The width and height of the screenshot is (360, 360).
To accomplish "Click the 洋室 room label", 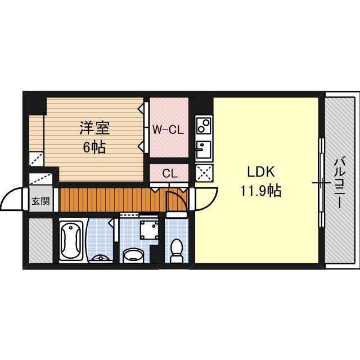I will (x=94, y=128).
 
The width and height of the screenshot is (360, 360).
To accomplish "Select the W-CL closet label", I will (x=168, y=129).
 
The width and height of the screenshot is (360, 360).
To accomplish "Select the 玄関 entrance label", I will (x=40, y=200).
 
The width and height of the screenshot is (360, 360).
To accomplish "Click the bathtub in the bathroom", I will (x=71, y=241).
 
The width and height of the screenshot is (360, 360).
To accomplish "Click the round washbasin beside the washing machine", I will (x=133, y=256).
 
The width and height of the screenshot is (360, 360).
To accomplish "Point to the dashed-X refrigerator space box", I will (x=203, y=172).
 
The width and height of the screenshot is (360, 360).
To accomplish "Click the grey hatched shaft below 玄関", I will (x=40, y=240).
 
